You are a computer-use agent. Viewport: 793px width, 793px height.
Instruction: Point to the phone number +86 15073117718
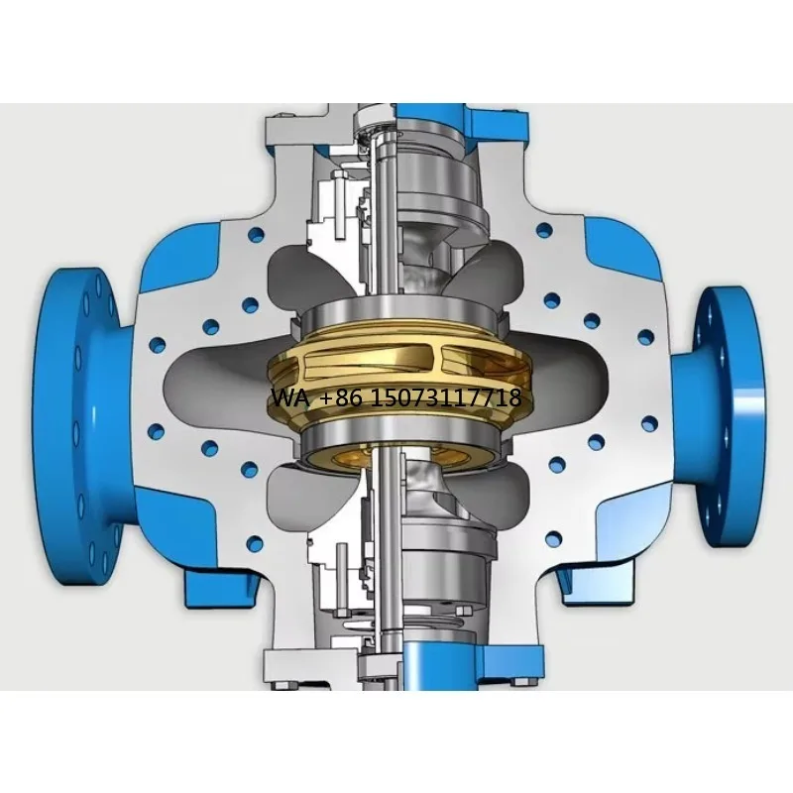coord(420,398)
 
